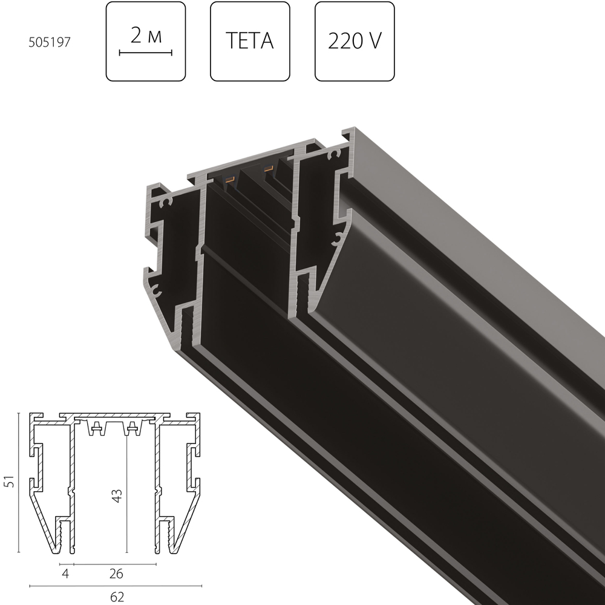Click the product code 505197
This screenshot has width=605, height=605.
(x=50, y=42)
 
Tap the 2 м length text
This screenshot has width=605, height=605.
(x=146, y=36)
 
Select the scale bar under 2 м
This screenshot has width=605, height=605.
(x=145, y=53)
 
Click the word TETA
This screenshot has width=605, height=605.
(x=250, y=41)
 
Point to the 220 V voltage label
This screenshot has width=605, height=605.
(x=355, y=41)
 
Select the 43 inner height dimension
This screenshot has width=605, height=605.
(x=117, y=496)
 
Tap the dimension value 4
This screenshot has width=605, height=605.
(x=65, y=574)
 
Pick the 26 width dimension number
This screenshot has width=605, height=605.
(x=116, y=574)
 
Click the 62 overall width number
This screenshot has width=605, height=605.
(x=117, y=597)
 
